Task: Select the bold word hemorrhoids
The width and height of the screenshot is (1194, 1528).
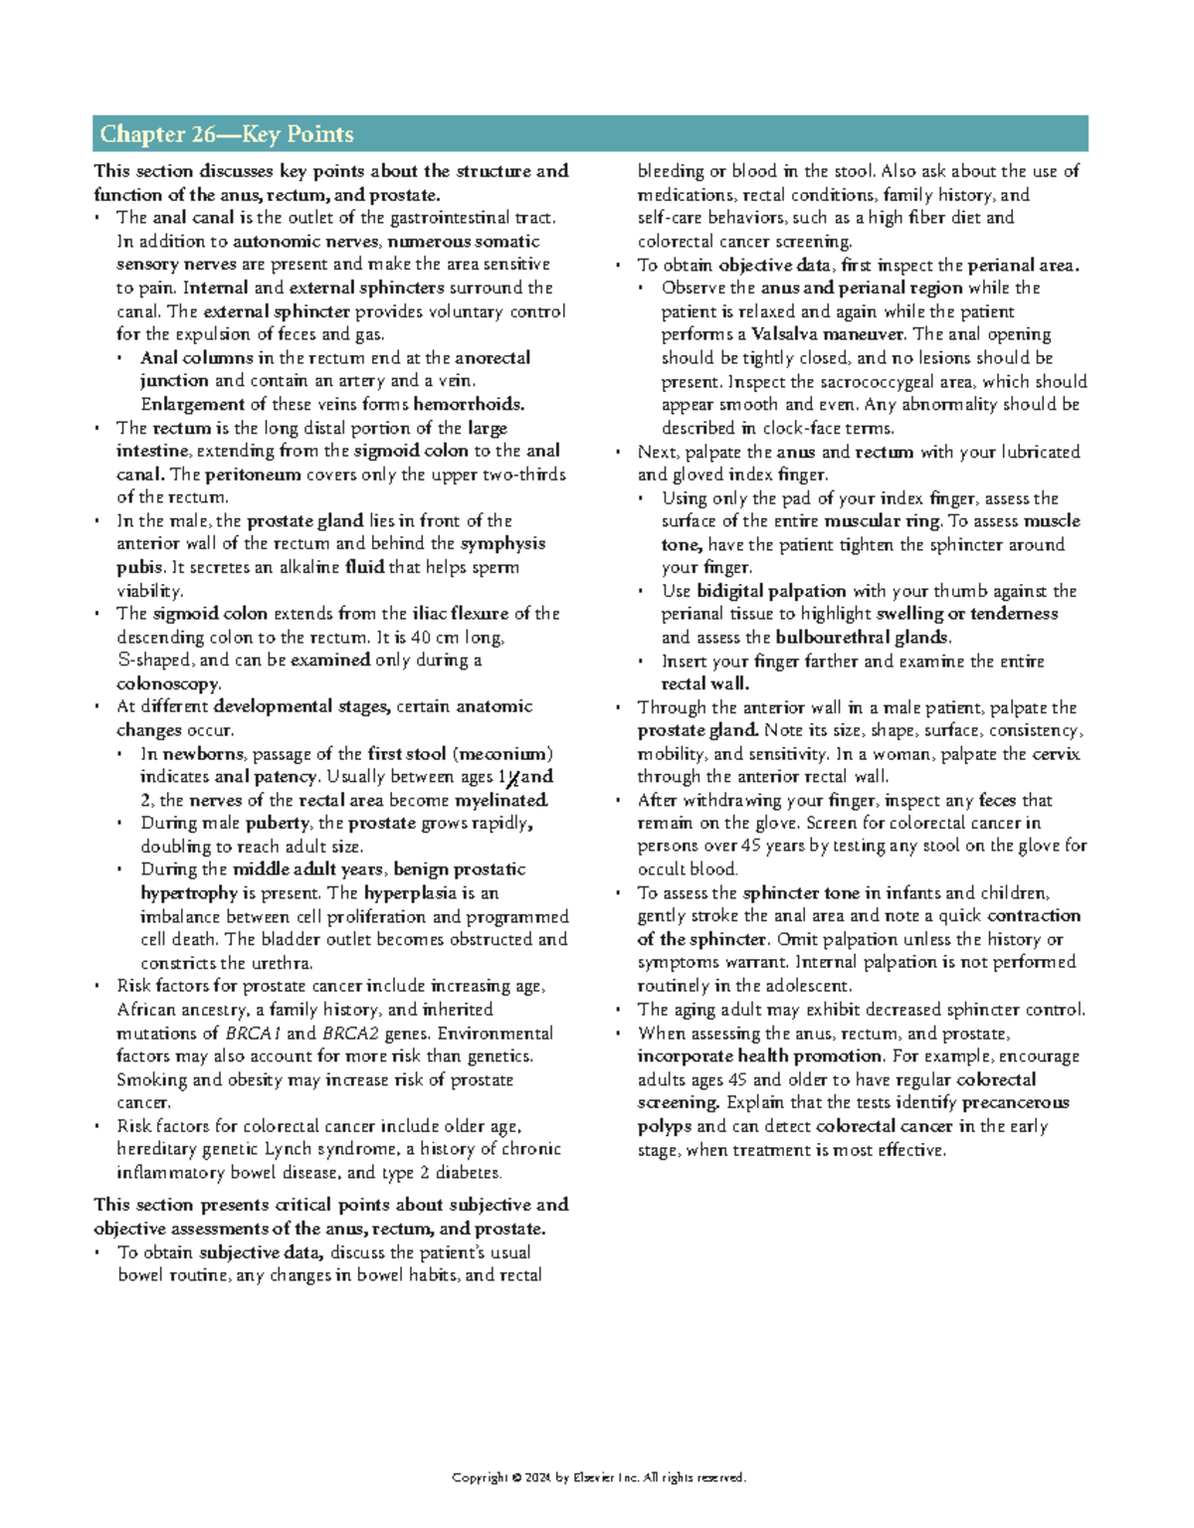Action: [x=469, y=404]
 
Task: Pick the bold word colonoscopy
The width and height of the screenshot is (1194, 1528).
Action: [x=168, y=684]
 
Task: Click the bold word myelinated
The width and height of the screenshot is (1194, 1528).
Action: [x=501, y=801]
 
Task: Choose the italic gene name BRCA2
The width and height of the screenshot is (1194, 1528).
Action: [x=350, y=1034]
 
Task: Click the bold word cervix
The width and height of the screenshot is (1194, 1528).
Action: [x=1056, y=754]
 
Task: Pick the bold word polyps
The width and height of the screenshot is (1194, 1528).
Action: [x=665, y=1127]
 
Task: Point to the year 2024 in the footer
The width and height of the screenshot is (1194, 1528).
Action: [x=539, y=1478]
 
